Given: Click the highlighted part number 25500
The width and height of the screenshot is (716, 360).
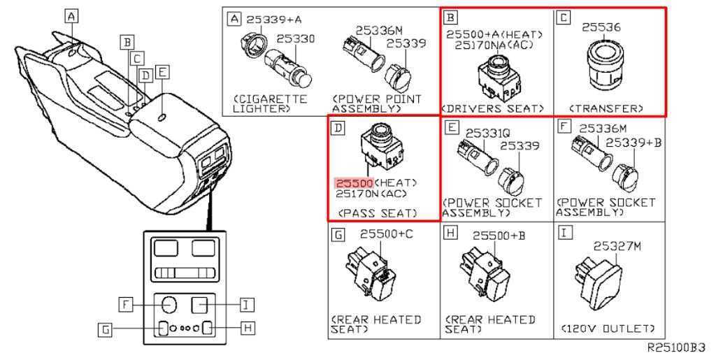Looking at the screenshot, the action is pos(355,183).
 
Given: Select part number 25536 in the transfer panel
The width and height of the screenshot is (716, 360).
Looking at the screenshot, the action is pos(601,27).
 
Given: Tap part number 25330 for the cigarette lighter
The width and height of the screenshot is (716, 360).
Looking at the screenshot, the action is pos(296,38).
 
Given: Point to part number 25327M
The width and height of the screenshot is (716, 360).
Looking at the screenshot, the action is pos(617,246).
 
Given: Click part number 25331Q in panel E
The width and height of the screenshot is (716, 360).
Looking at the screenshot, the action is pos(487,134).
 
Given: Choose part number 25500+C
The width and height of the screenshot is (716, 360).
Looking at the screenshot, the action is pos(386,234).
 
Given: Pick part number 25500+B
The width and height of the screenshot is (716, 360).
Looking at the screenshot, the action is pos(499,236).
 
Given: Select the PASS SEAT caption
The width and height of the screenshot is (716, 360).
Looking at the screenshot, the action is pos(378,213).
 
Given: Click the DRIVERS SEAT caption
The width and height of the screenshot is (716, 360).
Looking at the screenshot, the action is pos(493,108).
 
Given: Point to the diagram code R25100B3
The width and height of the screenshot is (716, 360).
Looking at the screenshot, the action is pos(677,347).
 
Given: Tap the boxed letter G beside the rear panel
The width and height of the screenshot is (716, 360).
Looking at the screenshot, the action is pos(106,329).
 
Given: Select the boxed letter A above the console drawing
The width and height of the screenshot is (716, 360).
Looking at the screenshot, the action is pos(71,17).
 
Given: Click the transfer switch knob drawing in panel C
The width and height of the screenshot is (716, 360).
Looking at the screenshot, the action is pos(602,62).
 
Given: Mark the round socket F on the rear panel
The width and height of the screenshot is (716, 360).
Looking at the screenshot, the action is pos(169,304).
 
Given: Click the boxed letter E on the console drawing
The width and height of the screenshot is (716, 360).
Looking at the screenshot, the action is pos(162,72).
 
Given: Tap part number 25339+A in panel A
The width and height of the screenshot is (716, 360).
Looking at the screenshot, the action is pos(273,20).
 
